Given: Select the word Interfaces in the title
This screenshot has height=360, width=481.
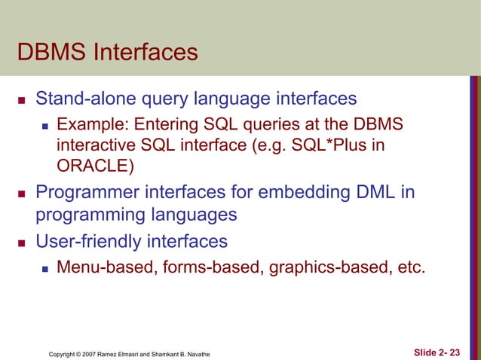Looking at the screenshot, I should (x=146, y=53).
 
